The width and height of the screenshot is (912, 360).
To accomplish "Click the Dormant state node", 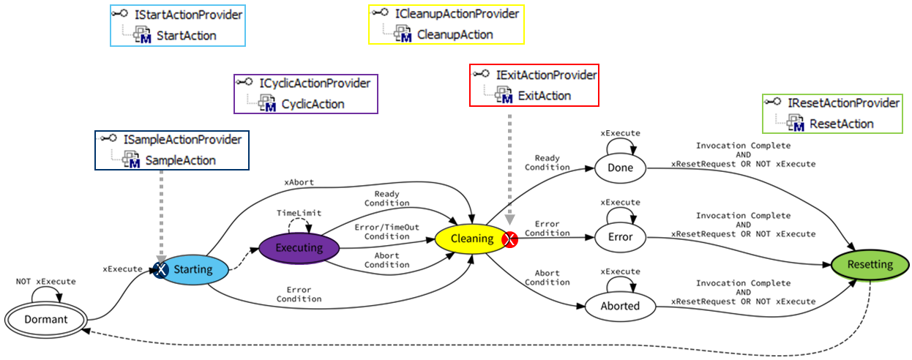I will [x=45, y=319].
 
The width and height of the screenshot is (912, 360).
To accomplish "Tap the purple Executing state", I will [x=299, y=247].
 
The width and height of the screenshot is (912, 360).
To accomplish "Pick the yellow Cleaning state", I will [x=467, y=238].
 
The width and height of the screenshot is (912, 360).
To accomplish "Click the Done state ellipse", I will [x=620, y=168].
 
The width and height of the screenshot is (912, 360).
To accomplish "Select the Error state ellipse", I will [x=620, y=237].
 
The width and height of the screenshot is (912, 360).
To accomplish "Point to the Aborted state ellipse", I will [x=620, y=306].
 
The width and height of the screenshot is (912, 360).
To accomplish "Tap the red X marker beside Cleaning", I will [x=509, y=239].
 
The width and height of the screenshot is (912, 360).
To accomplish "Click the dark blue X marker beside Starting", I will [x=160, y=269].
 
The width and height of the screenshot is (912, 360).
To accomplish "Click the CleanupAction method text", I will [x=455, y=34].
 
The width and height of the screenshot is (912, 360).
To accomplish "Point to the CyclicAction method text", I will [x=313, y=104].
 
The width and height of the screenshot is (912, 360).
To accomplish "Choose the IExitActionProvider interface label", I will [x=546, y=75].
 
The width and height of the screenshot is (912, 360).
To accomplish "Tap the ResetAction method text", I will [x=841, y=124].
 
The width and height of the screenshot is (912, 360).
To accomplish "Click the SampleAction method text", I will [x=180, y=160].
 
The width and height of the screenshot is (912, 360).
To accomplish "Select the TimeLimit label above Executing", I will [x=299, y=212].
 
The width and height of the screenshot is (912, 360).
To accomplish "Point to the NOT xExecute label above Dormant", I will [x=45, y=281].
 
